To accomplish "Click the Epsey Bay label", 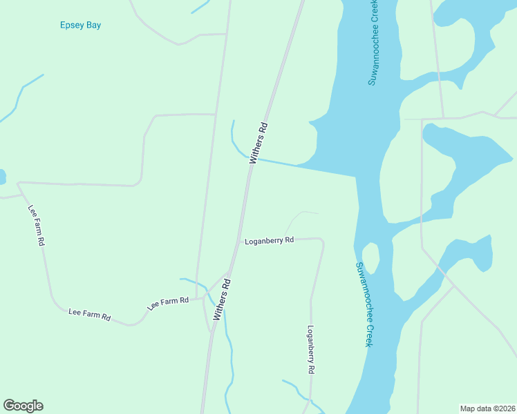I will point(80,25).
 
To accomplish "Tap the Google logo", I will point(23,406).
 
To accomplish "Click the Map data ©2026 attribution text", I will point(487,408).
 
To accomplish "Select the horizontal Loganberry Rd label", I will point(270,240).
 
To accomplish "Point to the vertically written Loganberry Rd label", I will point(311,350).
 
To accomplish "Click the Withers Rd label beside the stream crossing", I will point(258,143).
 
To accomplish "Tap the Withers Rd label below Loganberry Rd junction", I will point(222,299).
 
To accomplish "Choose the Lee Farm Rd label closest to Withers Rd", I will point(169,303).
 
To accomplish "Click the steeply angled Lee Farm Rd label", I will point(36,226).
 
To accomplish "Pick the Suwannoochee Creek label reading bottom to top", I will point(373,43).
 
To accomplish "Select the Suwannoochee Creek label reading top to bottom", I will point(364,304).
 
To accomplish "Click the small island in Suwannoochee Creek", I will point(370,258).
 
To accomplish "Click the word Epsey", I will point(72,25).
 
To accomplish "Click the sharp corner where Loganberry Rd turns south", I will point(322,241).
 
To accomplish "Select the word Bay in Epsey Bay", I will point(93,25).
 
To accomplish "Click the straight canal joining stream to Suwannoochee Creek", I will point(311,166).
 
